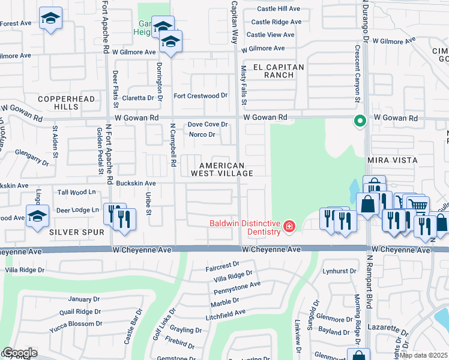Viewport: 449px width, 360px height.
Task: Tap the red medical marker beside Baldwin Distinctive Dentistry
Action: [289, 226]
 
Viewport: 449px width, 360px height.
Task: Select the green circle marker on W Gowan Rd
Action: [360, 121]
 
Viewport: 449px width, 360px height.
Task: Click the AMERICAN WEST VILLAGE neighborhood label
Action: [221, 169]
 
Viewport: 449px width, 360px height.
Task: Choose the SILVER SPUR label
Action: [77, 231]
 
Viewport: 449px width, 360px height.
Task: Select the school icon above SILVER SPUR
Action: [37, 215]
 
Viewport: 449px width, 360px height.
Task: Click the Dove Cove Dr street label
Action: [208, 124]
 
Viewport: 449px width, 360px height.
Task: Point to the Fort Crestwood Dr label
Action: [200, 95]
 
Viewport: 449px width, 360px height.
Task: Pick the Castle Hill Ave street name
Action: [278, 9]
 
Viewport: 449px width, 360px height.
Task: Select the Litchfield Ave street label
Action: [224, 313]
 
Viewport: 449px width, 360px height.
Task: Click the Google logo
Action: [19, 353]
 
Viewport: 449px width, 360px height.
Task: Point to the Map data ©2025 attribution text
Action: [423, 355]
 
